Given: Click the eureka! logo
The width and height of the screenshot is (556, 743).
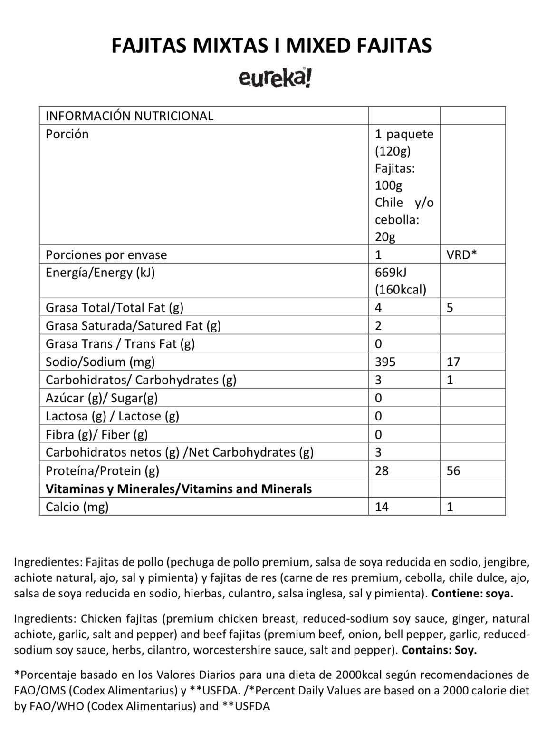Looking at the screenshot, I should [x=275, y=78].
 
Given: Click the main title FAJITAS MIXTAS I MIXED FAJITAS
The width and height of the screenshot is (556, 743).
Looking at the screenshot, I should [x=272, y=46].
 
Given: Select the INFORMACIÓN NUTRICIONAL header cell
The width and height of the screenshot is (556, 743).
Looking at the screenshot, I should [x=129, y=116].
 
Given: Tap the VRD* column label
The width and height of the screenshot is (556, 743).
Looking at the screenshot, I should [x=461, y=254].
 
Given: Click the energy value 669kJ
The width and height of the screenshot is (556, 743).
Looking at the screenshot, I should [x=391, y=273].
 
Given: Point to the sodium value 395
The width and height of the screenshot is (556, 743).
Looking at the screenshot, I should [x=385, y=362].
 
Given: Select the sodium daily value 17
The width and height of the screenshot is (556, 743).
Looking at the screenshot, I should [x=453, y=362].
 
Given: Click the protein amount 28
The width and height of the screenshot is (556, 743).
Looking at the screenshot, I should [x=382, y=471].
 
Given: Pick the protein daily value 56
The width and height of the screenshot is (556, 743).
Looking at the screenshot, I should [x=453, y=471].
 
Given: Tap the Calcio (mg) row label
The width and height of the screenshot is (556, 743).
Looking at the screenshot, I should [x=77, y=507].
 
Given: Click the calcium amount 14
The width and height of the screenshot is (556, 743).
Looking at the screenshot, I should [x=382, y=507].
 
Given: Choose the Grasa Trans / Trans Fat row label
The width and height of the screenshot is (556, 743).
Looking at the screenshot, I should [x=120, y=344].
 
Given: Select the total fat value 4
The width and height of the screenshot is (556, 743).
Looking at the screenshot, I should [x=378, y=308].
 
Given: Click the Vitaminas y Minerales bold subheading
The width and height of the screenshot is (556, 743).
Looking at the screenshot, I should [x=179, y=489].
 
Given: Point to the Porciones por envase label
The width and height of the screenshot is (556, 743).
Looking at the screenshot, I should [x=106, y=255].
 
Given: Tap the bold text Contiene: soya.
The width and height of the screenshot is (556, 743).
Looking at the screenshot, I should [x=472, y=594].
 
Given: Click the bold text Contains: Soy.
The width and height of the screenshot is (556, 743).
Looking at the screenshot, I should [x=439, y=650].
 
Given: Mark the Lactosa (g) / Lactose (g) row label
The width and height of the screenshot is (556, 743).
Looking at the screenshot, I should [x=112, y=416].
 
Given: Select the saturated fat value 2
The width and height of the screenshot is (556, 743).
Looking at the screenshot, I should [x=378, y=326].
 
